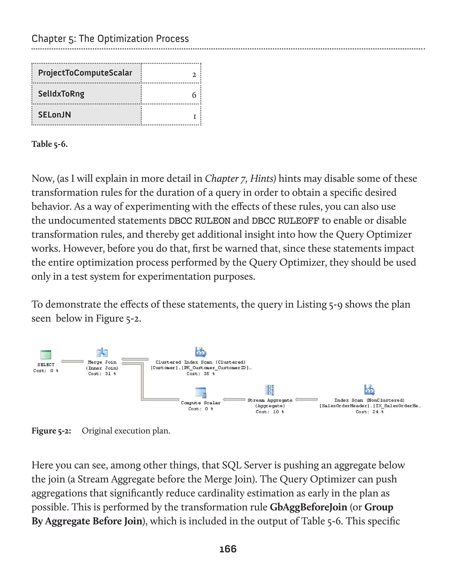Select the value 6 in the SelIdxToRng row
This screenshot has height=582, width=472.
tap(194, 95)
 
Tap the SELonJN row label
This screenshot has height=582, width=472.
tap(54, 115)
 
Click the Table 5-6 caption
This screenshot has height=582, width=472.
tap(50, 144)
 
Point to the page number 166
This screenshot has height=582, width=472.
tap(228, 549)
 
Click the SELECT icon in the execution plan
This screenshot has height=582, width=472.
tap(46, 354)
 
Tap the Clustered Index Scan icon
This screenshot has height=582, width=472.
tap(201, 352)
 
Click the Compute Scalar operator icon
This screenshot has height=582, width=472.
tap(201, 392)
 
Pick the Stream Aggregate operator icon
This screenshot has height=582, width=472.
tap(270, 390)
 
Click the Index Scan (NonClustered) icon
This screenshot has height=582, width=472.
tap(369, 390)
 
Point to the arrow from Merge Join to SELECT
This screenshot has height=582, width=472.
tap(72, 361)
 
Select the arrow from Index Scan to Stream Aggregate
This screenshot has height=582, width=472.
tap(307, 399)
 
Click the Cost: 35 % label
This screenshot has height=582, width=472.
tap(201, 374)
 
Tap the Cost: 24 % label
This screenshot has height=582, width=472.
tap(369, 412)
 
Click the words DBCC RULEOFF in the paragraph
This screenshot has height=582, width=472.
tap(285, 221)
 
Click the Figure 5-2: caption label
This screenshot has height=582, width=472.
tap(51, 431)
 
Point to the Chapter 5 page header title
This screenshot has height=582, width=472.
tap(110, 39)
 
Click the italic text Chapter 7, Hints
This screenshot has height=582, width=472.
tap(240, 179)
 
